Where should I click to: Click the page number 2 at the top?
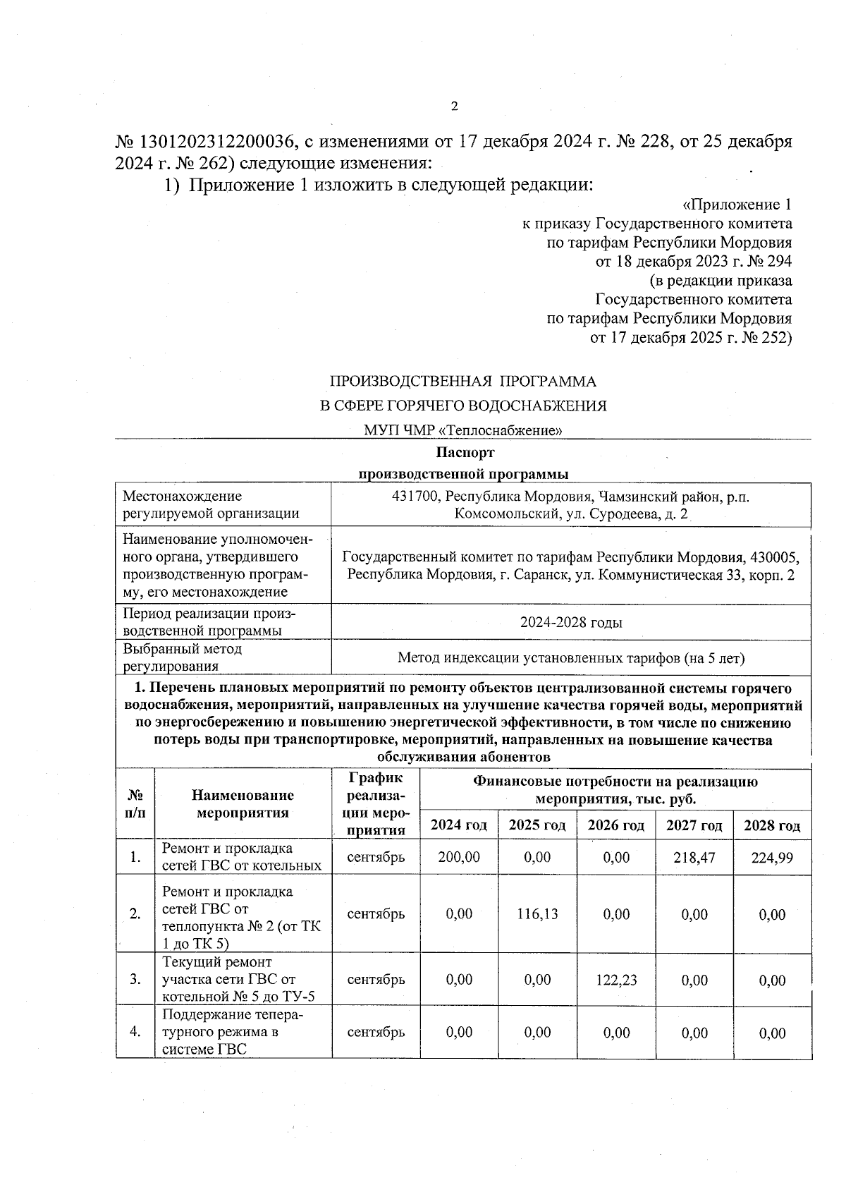pos(454,107)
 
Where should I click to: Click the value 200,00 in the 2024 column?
pos(458,857)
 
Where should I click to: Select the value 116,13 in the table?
pos(537,914)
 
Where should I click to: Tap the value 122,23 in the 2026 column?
pos(615,980)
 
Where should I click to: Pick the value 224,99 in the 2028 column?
pos(772,858)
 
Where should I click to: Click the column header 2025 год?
pos(537,825)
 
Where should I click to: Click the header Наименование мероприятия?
pos(243,804)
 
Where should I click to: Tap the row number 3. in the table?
pos(135,980)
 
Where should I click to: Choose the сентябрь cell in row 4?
pos(376,1032)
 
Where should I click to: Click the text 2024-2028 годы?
pos(571,623)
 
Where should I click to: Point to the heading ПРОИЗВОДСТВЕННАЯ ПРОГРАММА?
pos(463,382)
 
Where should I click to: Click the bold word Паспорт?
pos(465,452)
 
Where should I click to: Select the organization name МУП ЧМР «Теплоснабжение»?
pos(463,430)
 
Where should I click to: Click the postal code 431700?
pos(415,497)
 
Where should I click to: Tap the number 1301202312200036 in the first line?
pos(219,142)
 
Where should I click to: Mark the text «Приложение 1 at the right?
pos(737,205)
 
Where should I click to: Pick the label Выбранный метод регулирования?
pos(183,657)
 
